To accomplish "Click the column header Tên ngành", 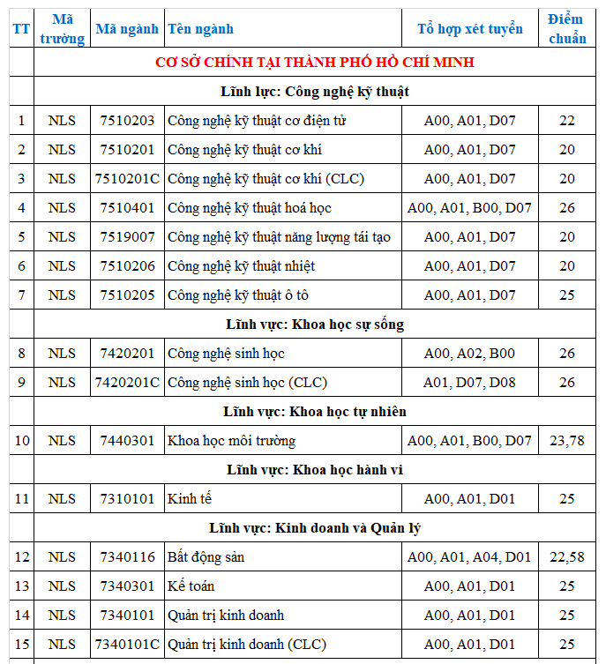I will point(201,29).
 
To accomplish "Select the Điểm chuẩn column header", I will point(566,29).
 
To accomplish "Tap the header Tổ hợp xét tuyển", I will point(469,29).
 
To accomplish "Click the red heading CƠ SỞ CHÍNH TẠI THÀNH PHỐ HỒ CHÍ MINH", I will point(315,62).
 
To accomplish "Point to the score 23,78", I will point(566,441).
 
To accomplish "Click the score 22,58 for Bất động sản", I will point(566,557).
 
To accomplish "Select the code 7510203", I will point(127,121).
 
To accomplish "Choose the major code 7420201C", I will point(127,383).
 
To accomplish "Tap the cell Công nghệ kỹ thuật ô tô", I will point(238,295).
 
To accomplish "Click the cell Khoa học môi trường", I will point(232,441).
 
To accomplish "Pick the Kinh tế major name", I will point(190,499).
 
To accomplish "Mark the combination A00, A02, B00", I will point(469,354).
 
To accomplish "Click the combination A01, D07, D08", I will point(469,383).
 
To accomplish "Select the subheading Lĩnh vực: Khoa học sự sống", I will point(315,325).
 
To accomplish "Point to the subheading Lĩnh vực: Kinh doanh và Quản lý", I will point(315,528).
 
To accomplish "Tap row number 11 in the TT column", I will point(21,499).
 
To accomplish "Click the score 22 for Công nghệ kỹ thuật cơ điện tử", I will point(566,121).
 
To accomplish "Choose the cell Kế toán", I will point(191,586).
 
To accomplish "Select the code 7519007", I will point(127,237).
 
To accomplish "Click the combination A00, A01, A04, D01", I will point(469,557).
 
